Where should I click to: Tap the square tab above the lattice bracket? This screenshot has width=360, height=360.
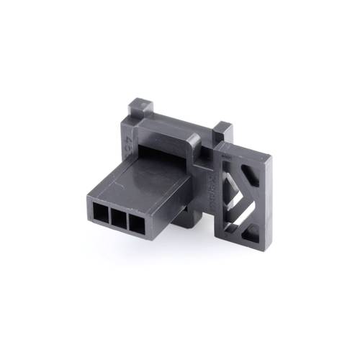point(224,132)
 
